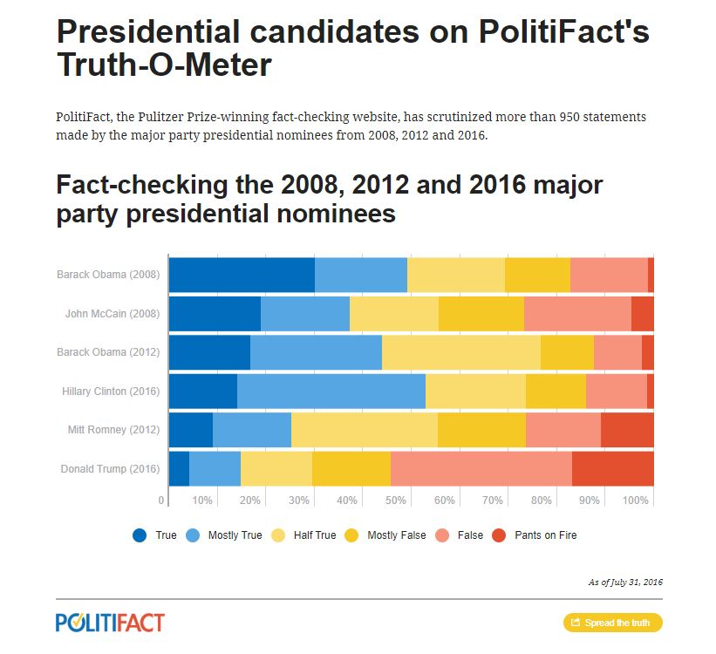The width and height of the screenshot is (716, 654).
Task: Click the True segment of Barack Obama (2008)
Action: [x=242, y=275]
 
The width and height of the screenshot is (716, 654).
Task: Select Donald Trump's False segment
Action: [x=481, y=468]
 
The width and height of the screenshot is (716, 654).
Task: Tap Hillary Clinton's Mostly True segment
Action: [x=331, y=391]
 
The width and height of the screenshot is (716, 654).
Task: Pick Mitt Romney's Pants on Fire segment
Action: [x=627, y=430]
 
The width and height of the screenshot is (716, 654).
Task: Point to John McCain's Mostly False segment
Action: [x=481, y=314]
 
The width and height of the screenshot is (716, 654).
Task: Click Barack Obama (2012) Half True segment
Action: [x=461, y=352]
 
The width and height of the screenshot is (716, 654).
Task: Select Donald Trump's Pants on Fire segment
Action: [x=613, y=468]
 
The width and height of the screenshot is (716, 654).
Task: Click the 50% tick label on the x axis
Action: [x=395, y=500]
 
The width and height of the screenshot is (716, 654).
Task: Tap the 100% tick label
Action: [x=635, y=500]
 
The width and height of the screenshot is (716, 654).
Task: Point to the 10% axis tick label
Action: [x=201, y=500]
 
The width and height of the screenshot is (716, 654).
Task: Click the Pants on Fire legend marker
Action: [x=499, y=535]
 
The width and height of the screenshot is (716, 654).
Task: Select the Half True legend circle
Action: [x=278, y=535]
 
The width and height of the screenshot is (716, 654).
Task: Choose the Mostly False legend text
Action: [x=396, y=535]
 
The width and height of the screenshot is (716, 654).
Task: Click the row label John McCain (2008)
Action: [x=113, y=314]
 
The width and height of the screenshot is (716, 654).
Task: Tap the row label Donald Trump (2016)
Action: [x=110, y=469]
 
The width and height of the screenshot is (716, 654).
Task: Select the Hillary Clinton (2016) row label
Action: [x=111, y=392]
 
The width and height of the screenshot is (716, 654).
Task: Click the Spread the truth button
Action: [x=613, y=623]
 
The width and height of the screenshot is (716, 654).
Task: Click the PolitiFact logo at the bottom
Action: [x=110, y=623]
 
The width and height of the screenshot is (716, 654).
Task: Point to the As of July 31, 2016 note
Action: [x=625, y=582]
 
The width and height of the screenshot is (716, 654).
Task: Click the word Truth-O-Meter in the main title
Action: [x=164, y=65]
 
